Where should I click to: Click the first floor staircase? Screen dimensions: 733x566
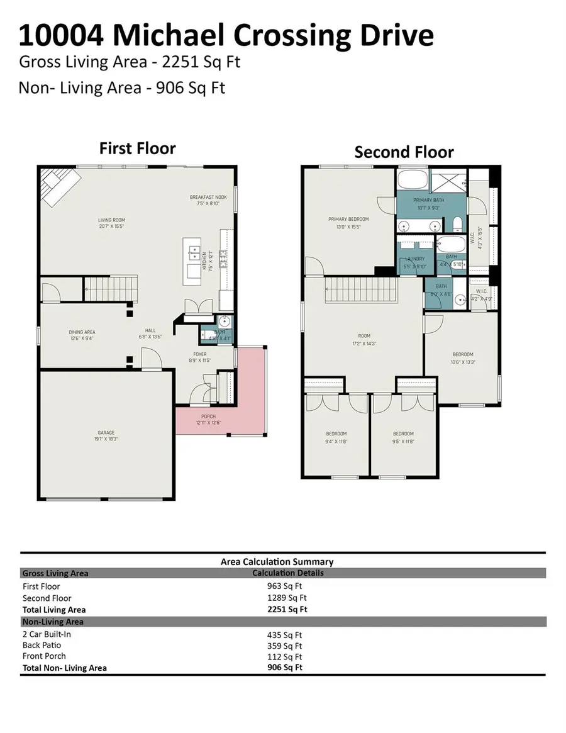(x=111, y=290)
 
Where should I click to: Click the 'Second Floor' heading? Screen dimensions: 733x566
(x=404, y=152)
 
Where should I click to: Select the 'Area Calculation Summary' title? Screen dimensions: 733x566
(x=277, y=561)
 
